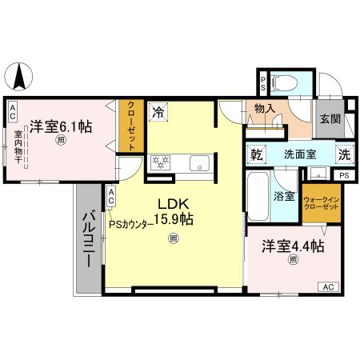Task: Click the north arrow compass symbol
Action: tap(19, 78)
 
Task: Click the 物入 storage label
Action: tap(265, 109)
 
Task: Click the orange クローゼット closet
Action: tap(127, 125)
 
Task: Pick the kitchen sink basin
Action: tap(198, 164)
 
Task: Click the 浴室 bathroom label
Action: tap(286, 194)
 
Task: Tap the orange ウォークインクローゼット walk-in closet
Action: tap(321, 202)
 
